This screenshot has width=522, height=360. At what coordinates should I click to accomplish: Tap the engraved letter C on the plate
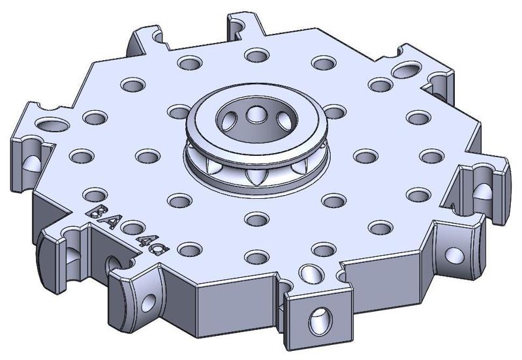[152, 247]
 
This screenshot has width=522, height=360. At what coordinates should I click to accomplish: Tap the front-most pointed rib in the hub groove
[254, 174]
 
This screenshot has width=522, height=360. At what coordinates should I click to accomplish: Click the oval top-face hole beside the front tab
[309, 272]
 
